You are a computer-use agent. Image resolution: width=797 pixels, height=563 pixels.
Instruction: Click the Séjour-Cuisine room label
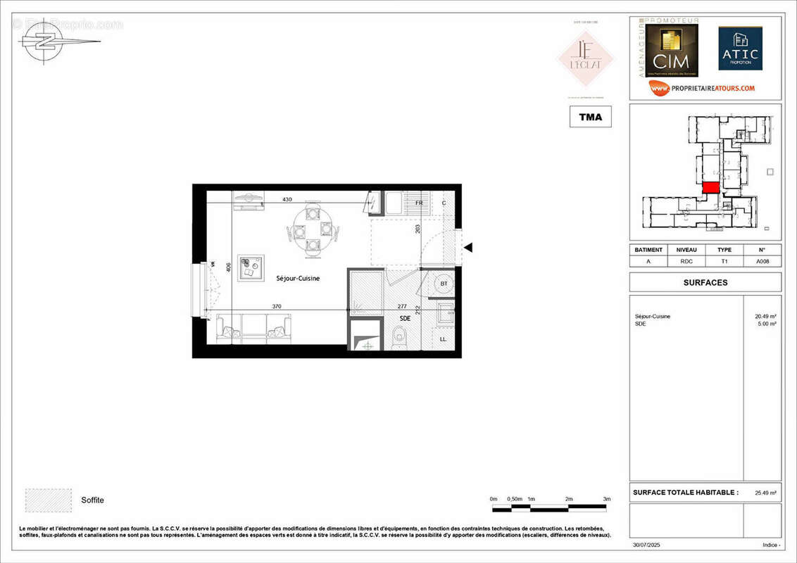coord(297,279)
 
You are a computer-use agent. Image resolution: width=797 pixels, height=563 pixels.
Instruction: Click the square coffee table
coord(251,268)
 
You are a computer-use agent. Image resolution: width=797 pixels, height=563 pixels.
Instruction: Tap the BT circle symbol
coord(444,283)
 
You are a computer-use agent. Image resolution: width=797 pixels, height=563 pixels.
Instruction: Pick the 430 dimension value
coord(287,200)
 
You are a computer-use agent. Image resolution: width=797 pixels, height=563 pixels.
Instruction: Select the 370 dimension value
coord(277,306)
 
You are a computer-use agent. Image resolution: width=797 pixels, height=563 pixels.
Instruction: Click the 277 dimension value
coord(403,306)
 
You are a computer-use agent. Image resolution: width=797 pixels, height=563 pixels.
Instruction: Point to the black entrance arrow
coord(467,247)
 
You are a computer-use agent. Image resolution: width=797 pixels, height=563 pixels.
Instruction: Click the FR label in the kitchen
coord(419,203)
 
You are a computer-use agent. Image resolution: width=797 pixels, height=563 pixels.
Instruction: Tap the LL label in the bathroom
coord(443,339)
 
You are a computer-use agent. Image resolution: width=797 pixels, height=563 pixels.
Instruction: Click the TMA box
coord(590,117)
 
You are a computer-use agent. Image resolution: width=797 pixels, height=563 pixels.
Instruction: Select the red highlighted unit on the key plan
coord(710,188)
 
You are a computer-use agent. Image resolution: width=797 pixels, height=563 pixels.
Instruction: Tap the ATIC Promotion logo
coord(740,49)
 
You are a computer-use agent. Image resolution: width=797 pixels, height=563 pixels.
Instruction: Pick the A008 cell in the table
coord(762,260)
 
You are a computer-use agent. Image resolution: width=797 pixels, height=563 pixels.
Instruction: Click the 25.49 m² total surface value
coord(766,493)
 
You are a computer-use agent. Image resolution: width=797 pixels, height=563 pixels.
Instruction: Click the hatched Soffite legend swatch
coord(48,500)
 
